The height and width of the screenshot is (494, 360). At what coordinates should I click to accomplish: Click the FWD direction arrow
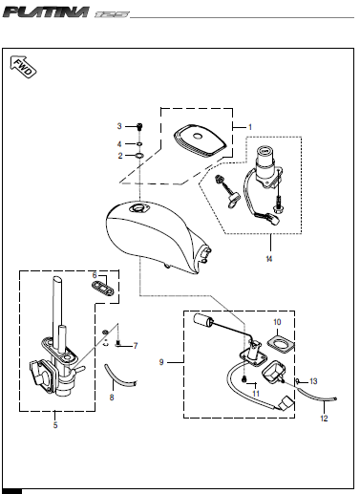click(x=23, y=67)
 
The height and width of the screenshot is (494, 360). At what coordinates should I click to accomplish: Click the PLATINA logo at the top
click(x=46, y=12)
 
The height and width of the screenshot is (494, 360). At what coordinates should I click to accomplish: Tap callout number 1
click(x=250, y=127)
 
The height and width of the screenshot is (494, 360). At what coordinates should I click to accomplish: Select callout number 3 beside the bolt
click(x=119, y=126)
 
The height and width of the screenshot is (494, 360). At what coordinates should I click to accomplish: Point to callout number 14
click(x=269, y=259)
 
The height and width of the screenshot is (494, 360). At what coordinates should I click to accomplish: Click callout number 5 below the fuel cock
click(x=55, y=425)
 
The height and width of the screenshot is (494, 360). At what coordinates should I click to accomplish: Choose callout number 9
click(x=161, y=362)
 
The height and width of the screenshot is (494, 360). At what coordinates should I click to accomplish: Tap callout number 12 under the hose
click(x=324, y=419)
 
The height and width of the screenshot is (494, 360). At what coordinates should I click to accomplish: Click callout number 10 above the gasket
click(x=277, y=322)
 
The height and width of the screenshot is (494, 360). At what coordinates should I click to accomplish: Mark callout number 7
click(x=136, y=346)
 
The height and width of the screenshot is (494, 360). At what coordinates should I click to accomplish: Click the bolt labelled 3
click(x=139, y=126)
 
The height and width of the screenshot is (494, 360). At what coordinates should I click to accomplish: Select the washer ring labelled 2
click(x=139, y=156)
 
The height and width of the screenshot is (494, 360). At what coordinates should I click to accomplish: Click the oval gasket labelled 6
click(x=103, y=289)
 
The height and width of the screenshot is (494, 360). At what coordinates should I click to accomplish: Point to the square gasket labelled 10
click(x=281, y=345)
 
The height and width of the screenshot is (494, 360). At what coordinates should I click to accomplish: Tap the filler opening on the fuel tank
click(x=139, y=209)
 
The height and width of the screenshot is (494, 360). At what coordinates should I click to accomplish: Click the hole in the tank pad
click(x=198, y=137)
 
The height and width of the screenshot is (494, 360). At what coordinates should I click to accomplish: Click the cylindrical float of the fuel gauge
click(x=203, y=319)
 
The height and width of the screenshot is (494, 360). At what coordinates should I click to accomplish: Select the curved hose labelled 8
click(x=119, y=376)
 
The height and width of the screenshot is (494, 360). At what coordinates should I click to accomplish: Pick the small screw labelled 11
click(x=244, y=379)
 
